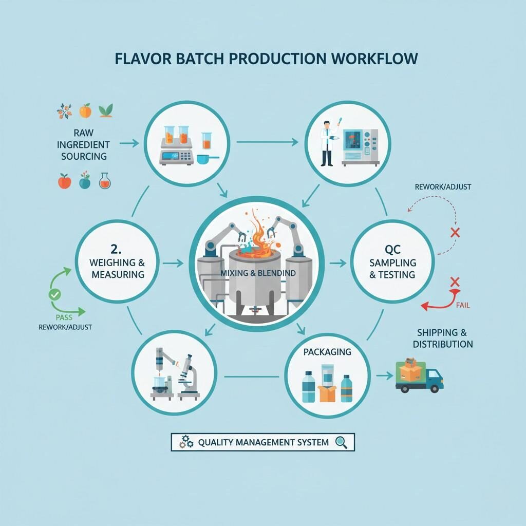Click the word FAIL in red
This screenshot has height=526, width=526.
coord(462,305)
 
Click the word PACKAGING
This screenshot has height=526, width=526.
coord(327,352)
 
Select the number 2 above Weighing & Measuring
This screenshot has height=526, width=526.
coord(116,250)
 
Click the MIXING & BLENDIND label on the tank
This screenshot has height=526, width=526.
coord(258,273)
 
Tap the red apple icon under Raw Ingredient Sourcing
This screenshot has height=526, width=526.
coord(64,181)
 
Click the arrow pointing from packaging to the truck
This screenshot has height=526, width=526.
coord(382,376)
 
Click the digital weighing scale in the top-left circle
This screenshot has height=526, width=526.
coord(176,156)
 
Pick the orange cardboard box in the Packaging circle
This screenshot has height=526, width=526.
coord(327,393)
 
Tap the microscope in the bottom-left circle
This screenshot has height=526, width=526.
coord(188,377)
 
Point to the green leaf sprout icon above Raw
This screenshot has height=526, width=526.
coord(106,110)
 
